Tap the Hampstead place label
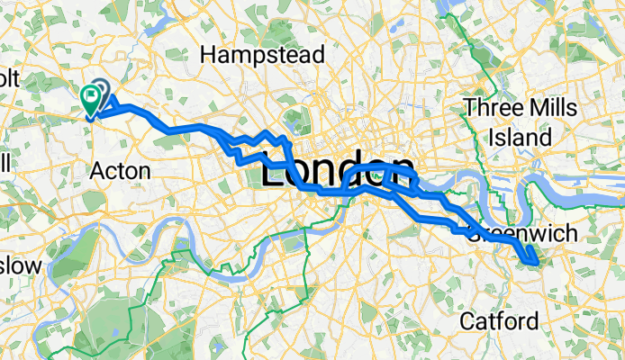tap(262, 55)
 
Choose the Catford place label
tap(499, 320)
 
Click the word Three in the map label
tap(490, 108)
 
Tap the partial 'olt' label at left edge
tap(9, 79)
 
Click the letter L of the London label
tap(272, 171)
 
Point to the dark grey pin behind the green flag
tap(100, 90)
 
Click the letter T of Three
tap(468, 108)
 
